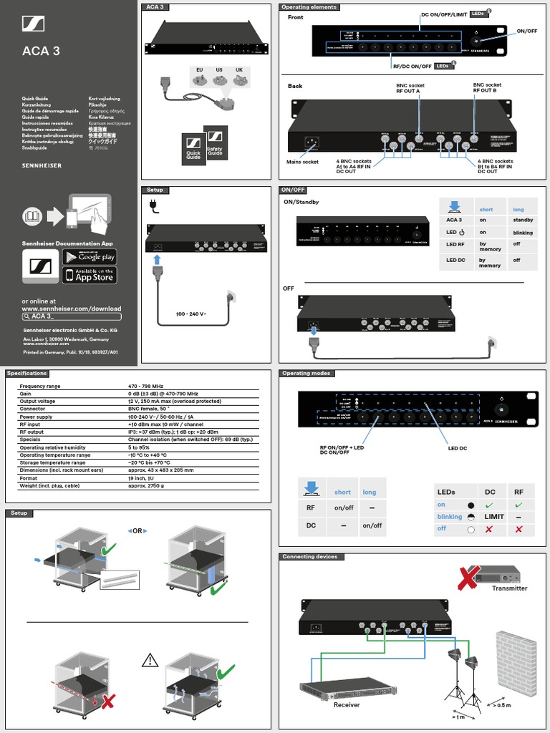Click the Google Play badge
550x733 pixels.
pyautogui.click(x=90, y=256)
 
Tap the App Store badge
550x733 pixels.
pyautogui.click(x=90, y=275)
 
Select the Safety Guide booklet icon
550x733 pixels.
pyautogui.click(x=216, y=144)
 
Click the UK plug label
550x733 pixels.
pyautogui.click(x=239, y=69)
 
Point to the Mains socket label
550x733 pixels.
pyautogui.click(x=303, y=162)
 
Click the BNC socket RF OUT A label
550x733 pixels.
pyautogui.click(x=410, y=88)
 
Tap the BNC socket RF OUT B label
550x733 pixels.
pyautogui.click(x=487, y=88)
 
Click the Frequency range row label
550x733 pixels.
pyautogui.click(x=40, y=386)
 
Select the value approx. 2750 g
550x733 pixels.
pyautogui.click(x=146, y=485)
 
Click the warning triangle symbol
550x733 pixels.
pyautogui.click(x=150, y=660)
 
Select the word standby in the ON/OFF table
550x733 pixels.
pyautogui.click(x=522, y=220)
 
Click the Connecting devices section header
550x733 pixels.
pyautogui.click(x=310, y=557)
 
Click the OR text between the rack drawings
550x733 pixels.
pyautogui.click(x=137, y=530)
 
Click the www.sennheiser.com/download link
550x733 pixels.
pyautogui.click(x=72, y=309)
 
